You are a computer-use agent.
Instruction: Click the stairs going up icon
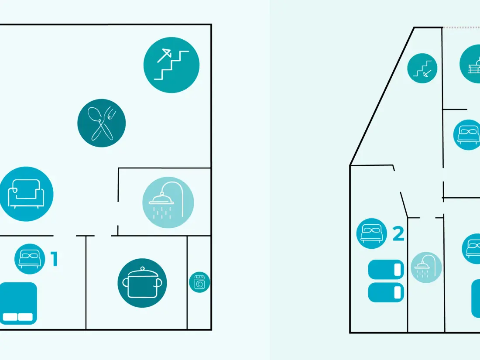[x=171, y=65]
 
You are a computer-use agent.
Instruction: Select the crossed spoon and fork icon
[x=102, y=123]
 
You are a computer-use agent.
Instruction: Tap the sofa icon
[x=26, y=194]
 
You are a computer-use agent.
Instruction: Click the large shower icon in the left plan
[x=168, y=202]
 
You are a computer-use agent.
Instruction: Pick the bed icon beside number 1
[x=30, y=259]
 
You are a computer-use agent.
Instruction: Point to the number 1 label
[x=54, y=259]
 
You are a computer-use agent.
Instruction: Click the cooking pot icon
[x=142, y=283]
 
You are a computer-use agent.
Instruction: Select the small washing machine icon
[x=199, y=282]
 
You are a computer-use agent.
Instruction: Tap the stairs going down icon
[x=422, y=68]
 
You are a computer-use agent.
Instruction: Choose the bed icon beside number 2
[x=372, y=233]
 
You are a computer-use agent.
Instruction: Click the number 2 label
[x=398, y=234]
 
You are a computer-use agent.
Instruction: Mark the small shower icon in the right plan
[x=426, y=267]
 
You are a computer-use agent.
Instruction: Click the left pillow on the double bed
[x=10, y=317]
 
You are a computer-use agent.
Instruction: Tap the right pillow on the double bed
[x=25, y=317]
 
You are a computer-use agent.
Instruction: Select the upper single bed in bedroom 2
[x=386, y=270]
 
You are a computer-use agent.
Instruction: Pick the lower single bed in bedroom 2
[x=386, y=292]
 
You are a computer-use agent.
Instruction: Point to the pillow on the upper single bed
[x=398, y=270]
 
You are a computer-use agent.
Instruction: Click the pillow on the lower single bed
[x=398, y=292]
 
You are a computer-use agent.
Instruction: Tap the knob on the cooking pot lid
[x=142, y=269]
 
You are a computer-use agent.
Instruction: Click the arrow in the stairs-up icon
[x=165, y=55]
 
